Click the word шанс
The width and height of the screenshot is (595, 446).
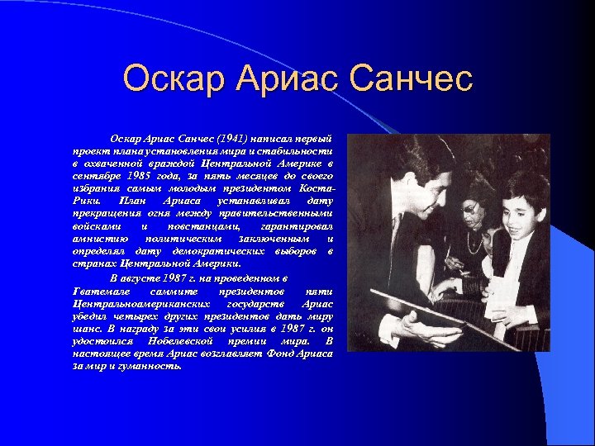(x=87, y=329)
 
